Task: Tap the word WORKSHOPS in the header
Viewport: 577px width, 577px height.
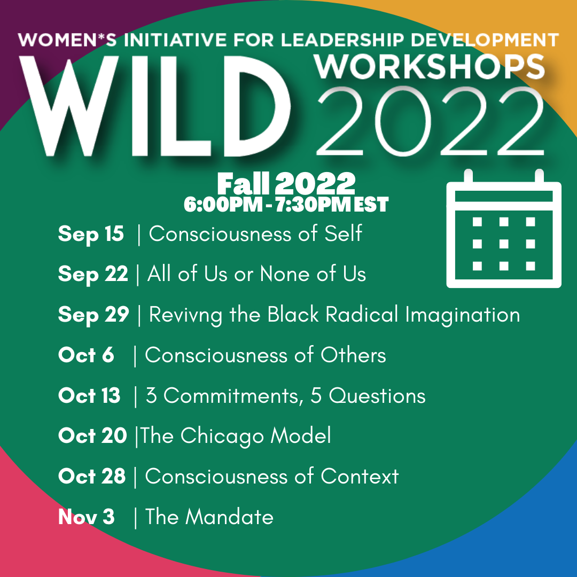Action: click(430, 67)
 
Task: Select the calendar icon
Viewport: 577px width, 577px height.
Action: click(504, 228)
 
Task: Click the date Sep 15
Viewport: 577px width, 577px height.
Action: click(91, 234)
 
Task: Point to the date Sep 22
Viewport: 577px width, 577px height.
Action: click(93, 275)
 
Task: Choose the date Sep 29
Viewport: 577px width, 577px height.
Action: click(93, 315)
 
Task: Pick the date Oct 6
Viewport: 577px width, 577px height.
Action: click(86, 355)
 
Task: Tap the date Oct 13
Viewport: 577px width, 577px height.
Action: click(89, 395)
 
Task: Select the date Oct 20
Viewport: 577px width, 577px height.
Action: click(93, 436)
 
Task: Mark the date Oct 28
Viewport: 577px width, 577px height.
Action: click(92, 476)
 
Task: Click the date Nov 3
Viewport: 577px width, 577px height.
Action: click(87, 517)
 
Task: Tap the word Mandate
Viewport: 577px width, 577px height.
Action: click(229, 517)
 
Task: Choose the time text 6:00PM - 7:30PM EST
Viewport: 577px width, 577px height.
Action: click(286, 205)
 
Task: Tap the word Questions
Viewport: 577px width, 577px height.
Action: click(377, 396)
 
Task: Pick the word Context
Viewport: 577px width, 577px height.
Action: click(360, 476)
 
